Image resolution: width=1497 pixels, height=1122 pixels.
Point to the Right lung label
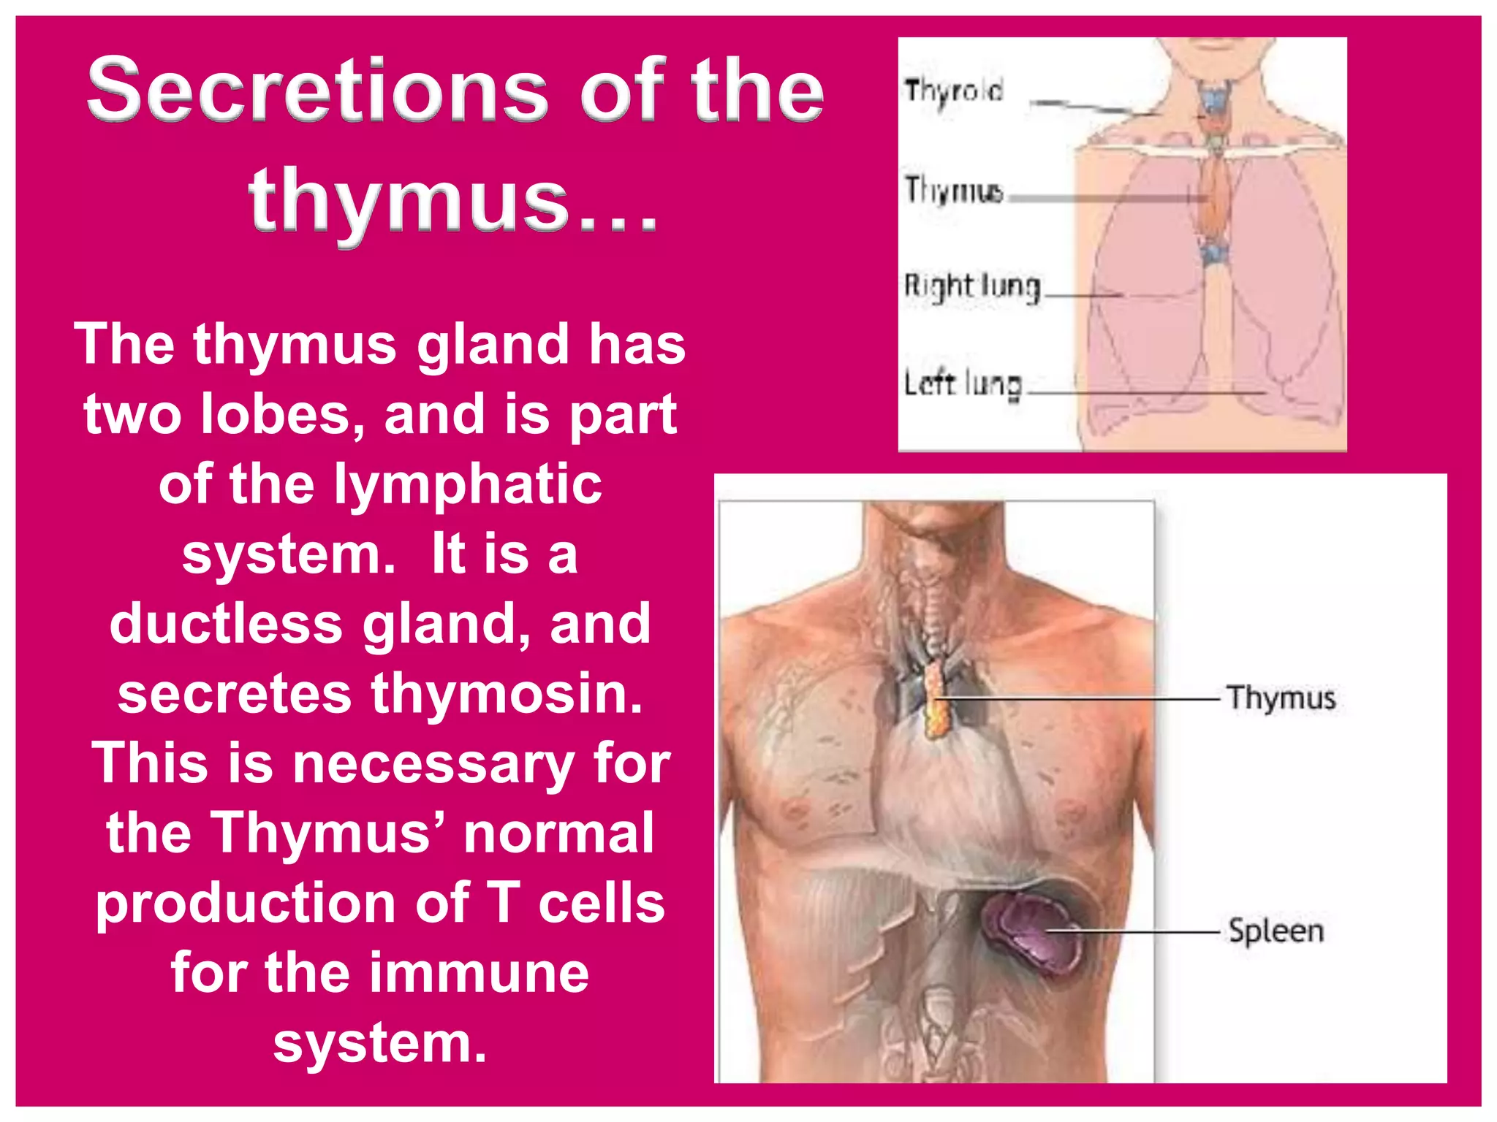(972, 286)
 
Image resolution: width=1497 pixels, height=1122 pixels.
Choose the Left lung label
(963, 383)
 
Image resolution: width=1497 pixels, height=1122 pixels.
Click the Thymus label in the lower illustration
(1281, 698)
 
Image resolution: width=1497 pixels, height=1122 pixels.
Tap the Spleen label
(1276, 931)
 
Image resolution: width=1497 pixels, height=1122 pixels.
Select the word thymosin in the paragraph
(507, 693)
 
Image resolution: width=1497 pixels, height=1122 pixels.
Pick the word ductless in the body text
(226, 624)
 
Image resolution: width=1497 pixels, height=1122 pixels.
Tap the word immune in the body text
(479, 973)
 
